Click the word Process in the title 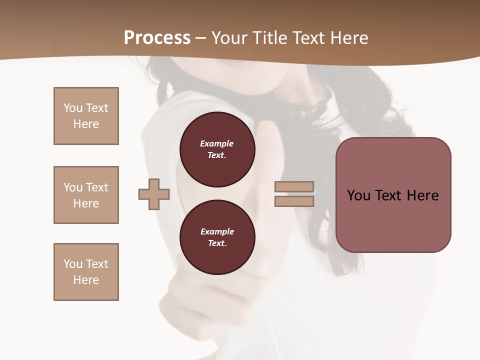(157, 38)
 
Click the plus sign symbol (154, 194)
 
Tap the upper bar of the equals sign (294, 187)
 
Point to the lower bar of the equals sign (294, 201)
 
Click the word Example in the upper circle (217, 143)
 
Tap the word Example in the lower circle (217, 231)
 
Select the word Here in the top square (86, 124)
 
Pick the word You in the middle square (73, 187)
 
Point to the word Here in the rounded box (422, 195)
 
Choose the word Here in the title (348, 38)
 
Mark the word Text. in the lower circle (217, 243)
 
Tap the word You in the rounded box (358, 195)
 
